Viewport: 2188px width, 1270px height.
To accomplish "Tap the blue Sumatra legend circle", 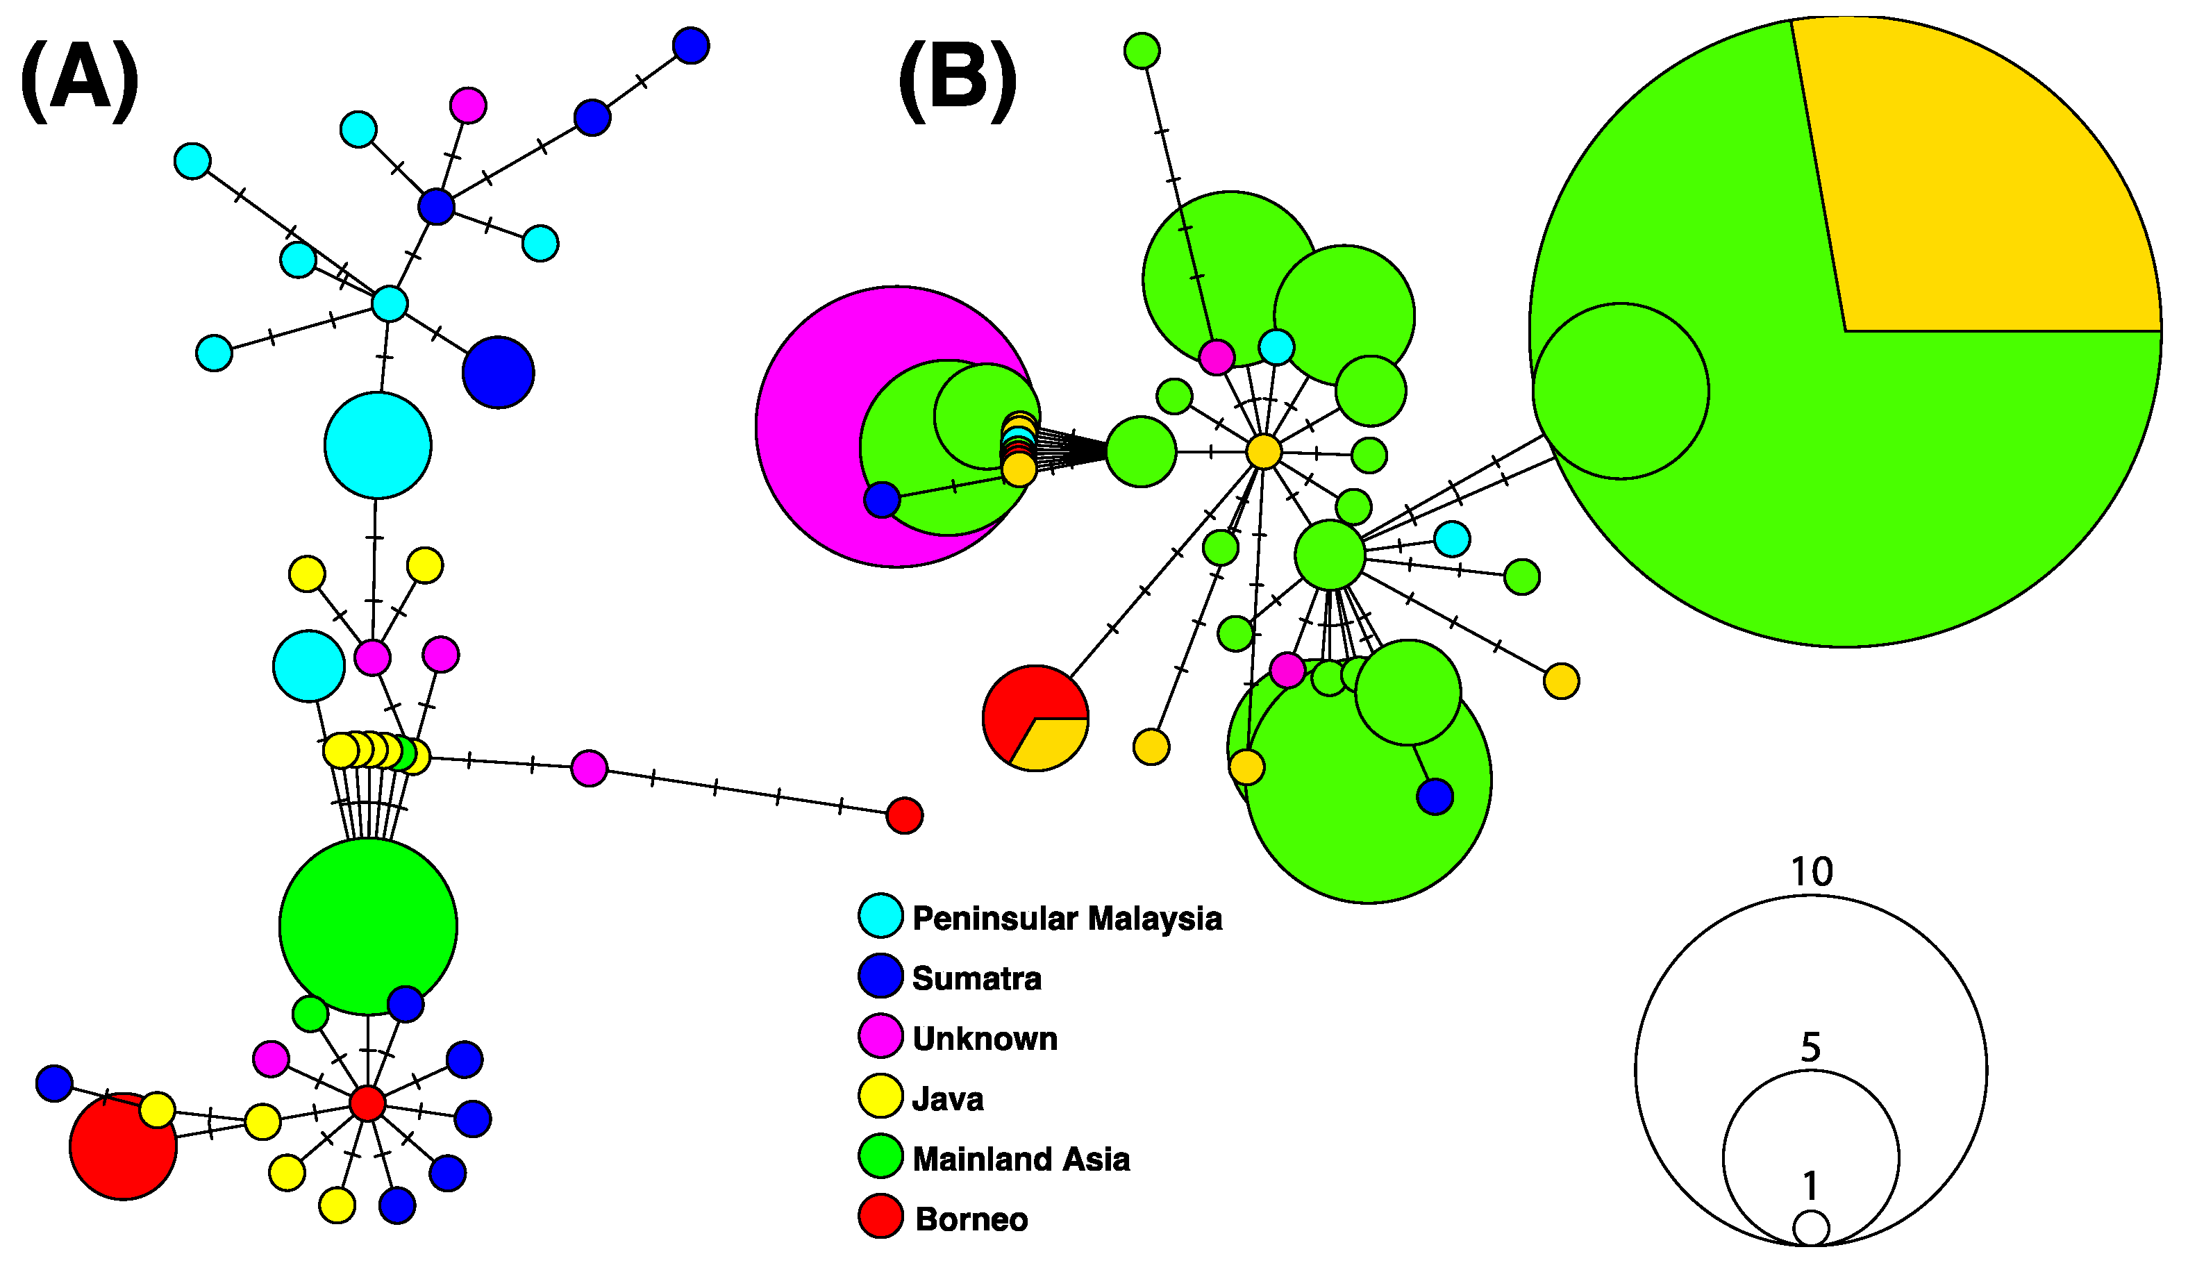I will (880, 976).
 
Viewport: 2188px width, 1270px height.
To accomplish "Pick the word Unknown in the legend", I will (985, 1038).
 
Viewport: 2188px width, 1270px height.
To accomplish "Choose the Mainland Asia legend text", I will (1020, 1159).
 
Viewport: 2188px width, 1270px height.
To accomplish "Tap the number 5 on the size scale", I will (1810, 1048).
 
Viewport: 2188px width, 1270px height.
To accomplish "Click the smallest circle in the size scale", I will (1811, 1228).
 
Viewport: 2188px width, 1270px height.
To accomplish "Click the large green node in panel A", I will (368, 926).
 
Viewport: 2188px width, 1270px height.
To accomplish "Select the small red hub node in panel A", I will (367, 1103).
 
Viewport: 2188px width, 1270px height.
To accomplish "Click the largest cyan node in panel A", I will (378, 445).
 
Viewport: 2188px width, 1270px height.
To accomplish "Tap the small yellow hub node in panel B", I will (1263, 452).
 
